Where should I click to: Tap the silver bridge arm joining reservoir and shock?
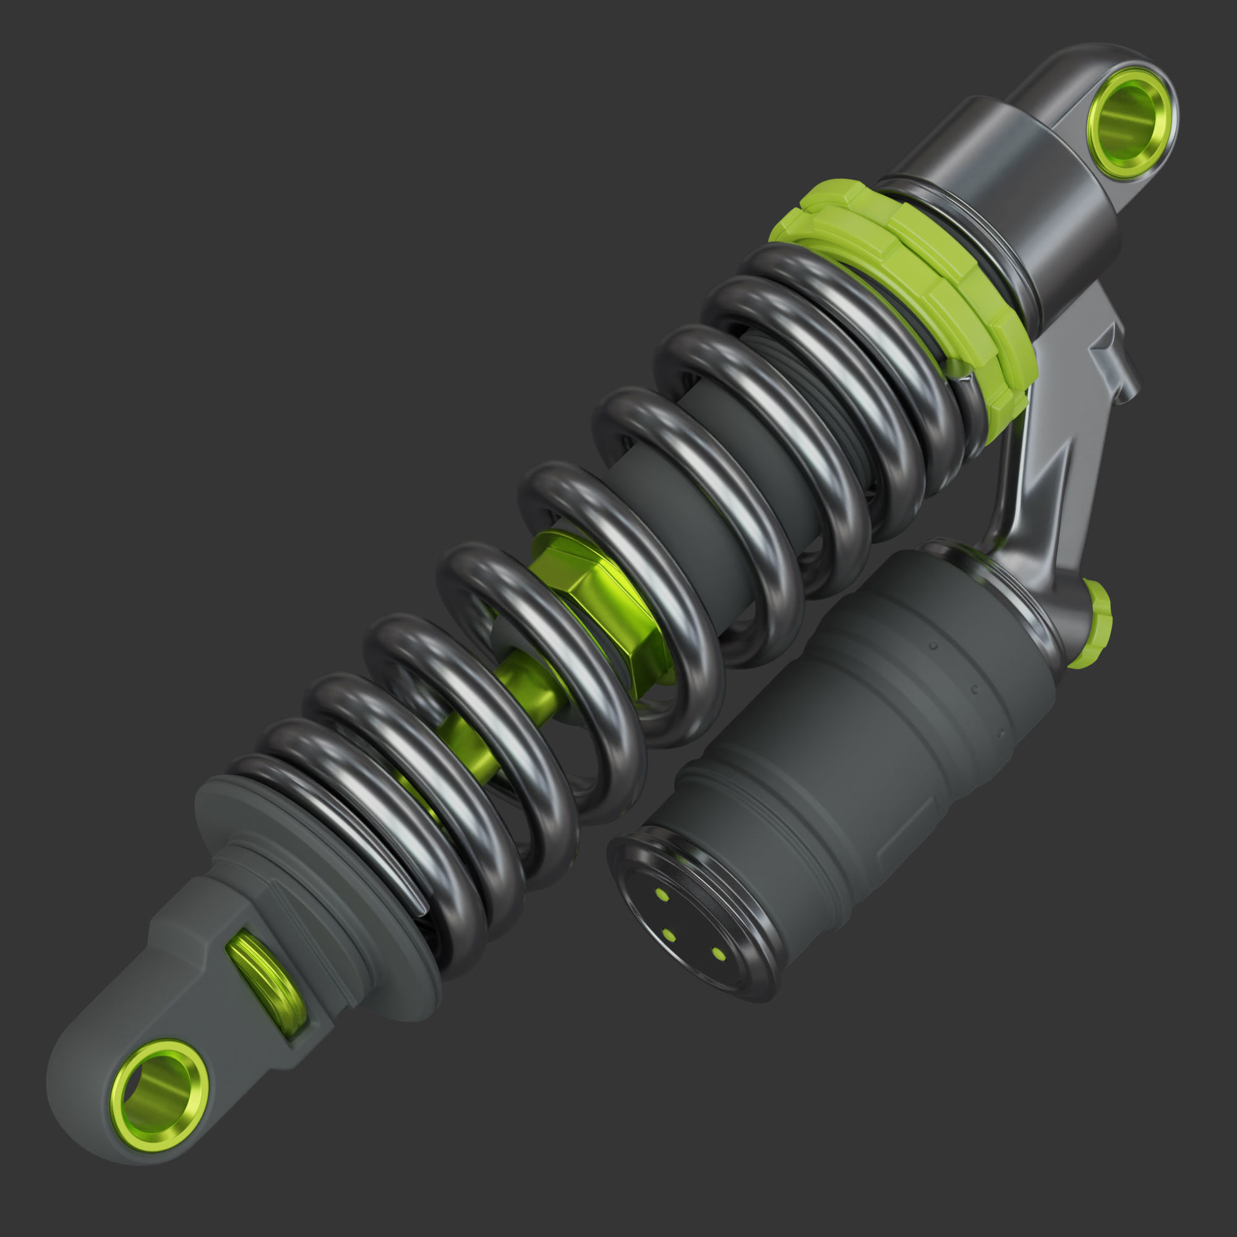click(1050, 474)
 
